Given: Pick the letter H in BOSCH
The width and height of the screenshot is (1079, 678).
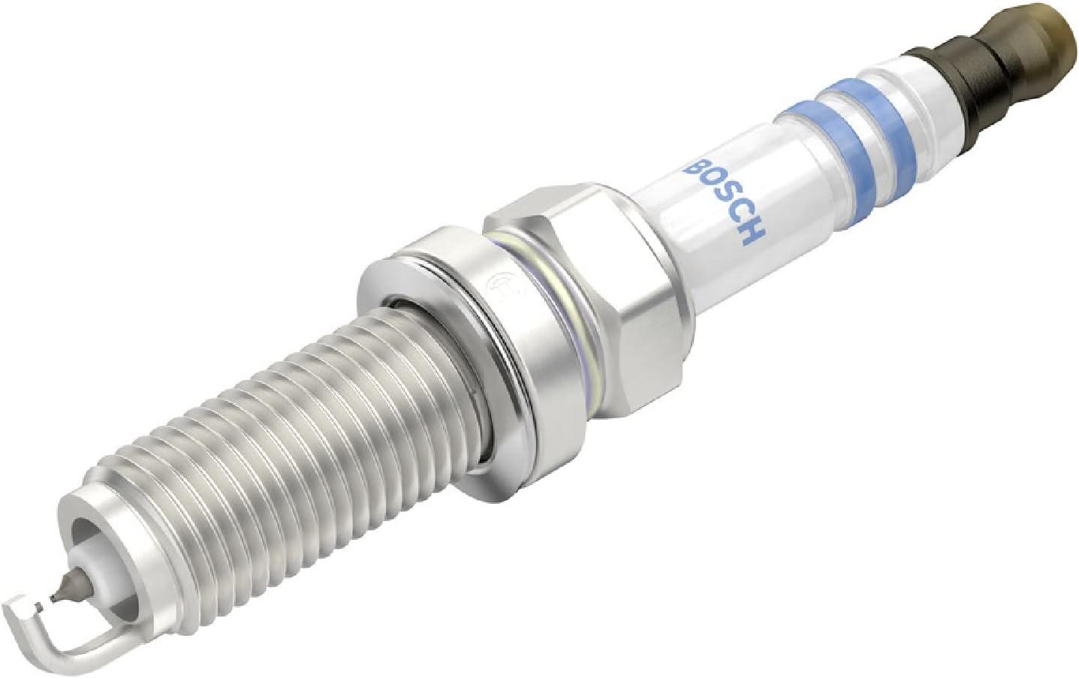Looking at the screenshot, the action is [x=752, y=237].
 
